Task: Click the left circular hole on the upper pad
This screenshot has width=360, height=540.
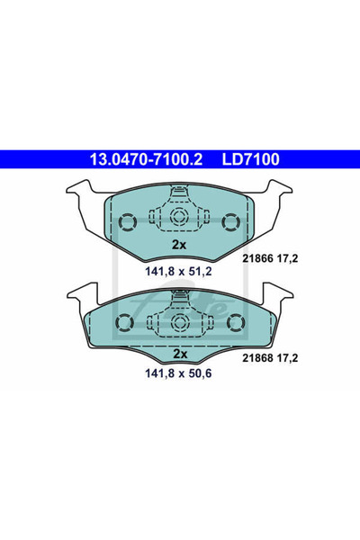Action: point(127,220)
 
